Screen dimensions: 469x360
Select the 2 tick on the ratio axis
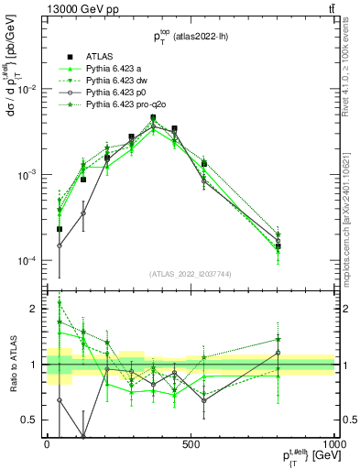(35, 310)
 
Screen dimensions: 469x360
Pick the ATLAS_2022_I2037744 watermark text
(191, 275)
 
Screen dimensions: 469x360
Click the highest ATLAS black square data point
(153, 117)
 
